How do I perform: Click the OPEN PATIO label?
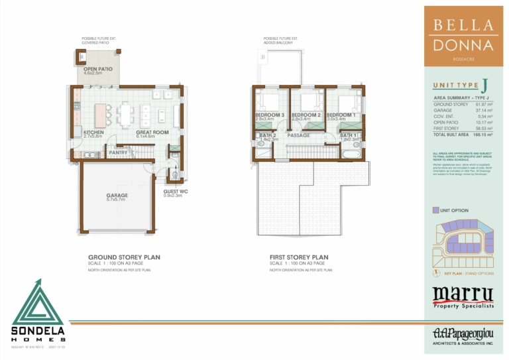(x=97, y=69)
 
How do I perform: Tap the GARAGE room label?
(x=117, y=196)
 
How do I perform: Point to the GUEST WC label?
(x=176, y=192)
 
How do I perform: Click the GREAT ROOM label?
(x=152, y=132)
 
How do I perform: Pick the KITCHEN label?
(x=94, y=132)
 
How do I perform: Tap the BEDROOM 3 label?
(x=269, y=115)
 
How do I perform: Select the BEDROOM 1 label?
(x=340, y=115)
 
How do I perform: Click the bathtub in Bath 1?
(x=349, y=154)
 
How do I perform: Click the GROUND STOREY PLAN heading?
(x=124, y=257)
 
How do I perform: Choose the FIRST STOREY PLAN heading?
(x=299, y=257)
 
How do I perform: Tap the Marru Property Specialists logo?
(x=463, y=296)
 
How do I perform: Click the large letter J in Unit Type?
(x=484, y=85)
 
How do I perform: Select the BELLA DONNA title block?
(x=463, y=36)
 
